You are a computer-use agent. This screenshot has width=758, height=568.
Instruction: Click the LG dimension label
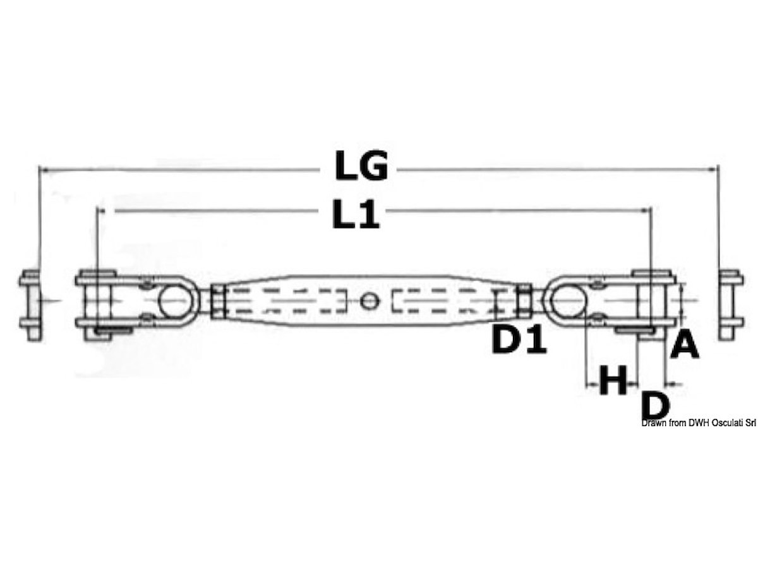(361, 166)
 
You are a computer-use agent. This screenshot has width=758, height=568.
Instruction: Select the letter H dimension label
(613, 381)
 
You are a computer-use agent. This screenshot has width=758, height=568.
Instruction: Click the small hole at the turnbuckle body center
(370, 301)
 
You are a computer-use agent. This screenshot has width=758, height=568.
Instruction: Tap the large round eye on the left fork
(174, 301)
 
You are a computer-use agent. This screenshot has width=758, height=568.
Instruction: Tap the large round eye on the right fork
(567, 300)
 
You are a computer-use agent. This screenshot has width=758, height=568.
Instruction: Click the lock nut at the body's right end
(524, 301)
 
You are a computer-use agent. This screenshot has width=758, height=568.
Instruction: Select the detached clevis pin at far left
(31, 305)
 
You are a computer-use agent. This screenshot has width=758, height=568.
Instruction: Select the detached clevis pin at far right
(730, 305)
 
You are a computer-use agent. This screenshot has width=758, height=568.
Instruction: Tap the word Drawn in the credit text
(652, 423)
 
